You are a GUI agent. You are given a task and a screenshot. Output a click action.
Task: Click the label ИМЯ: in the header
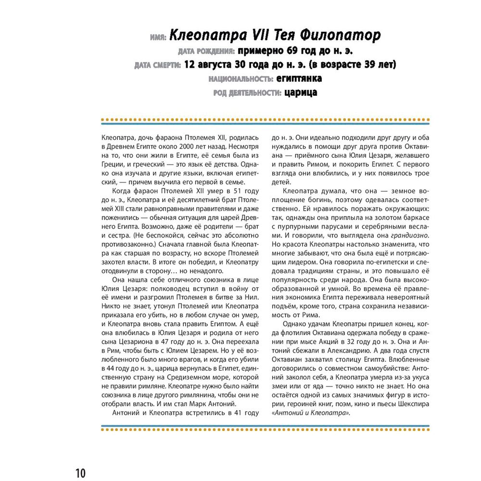(x=158, y=37)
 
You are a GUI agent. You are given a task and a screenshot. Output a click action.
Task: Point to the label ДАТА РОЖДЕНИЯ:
(x=206, y=51)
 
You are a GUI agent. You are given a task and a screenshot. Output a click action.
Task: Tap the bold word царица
(x=301, y=92)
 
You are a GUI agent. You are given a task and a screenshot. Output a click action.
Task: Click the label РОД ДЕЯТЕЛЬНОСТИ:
(x=247, y=93)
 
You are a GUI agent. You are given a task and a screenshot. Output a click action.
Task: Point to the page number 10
(x=80, y=472)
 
